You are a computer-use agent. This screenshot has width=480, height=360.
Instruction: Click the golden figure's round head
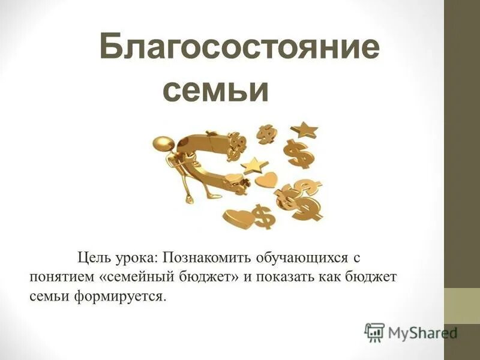[162, 144]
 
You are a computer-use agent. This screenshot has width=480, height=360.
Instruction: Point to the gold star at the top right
[304, 129]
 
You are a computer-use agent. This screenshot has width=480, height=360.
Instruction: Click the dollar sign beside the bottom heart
[262, 216]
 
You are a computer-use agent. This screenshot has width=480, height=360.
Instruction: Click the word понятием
[59, 278]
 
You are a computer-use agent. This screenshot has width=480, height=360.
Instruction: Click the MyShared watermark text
[423, 332]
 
